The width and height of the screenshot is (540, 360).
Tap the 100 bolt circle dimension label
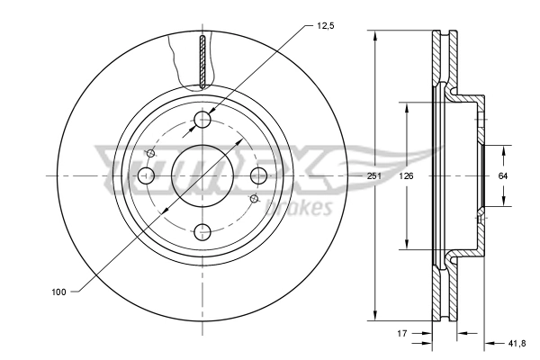point(59,291)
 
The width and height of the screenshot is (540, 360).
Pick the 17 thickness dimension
point(403,333)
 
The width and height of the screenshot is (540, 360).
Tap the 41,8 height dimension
point(517,343)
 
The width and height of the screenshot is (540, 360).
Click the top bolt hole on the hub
point(202,120)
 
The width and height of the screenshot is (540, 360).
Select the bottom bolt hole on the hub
point(202,230)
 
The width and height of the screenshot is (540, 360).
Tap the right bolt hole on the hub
point(258,175)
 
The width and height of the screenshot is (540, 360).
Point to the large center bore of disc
point(202,175)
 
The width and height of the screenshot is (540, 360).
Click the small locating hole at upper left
point(151,154)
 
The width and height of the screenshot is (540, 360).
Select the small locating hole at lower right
point(254,198)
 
